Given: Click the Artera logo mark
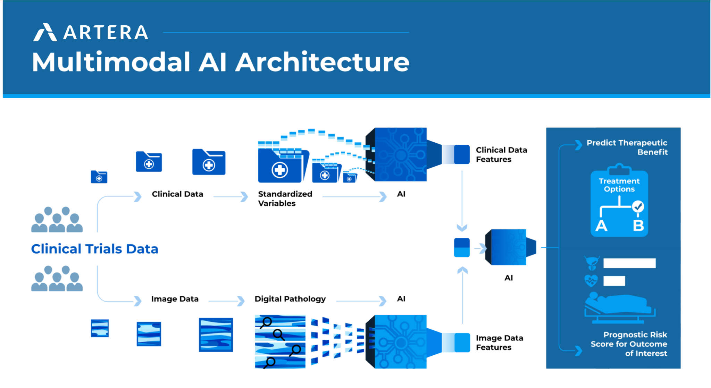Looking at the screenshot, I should [x=45, y=32].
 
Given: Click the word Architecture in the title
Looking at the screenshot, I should [x=322, y=62].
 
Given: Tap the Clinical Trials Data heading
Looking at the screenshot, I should [x=94, y=249].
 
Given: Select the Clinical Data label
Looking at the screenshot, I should [x=177, y=194].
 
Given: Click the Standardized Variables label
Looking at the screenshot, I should [x=285, y=199].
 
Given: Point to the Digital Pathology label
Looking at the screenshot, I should [x=290, y=299].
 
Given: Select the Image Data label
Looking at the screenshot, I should [x=175, y=299].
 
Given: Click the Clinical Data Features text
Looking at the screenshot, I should [x=501, y=155].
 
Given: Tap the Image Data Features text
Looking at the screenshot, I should [x=499, y=343].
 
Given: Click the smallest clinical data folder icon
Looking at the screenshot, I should [x=99, y=177].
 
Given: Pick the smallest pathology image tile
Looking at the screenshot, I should [x=100, y=328].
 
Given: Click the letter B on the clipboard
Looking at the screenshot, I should [x=638, y=226].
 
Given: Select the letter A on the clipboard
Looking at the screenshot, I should [x=601, y=226].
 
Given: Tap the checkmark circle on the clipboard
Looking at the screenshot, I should [x=638, y=207].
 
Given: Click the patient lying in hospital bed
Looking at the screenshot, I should [x=618, y=305].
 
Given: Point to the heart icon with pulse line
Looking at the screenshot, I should [x=591, y=280].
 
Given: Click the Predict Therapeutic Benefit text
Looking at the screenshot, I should [x=627, y=147].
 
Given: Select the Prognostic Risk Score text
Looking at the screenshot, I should [x=629, y=344].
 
